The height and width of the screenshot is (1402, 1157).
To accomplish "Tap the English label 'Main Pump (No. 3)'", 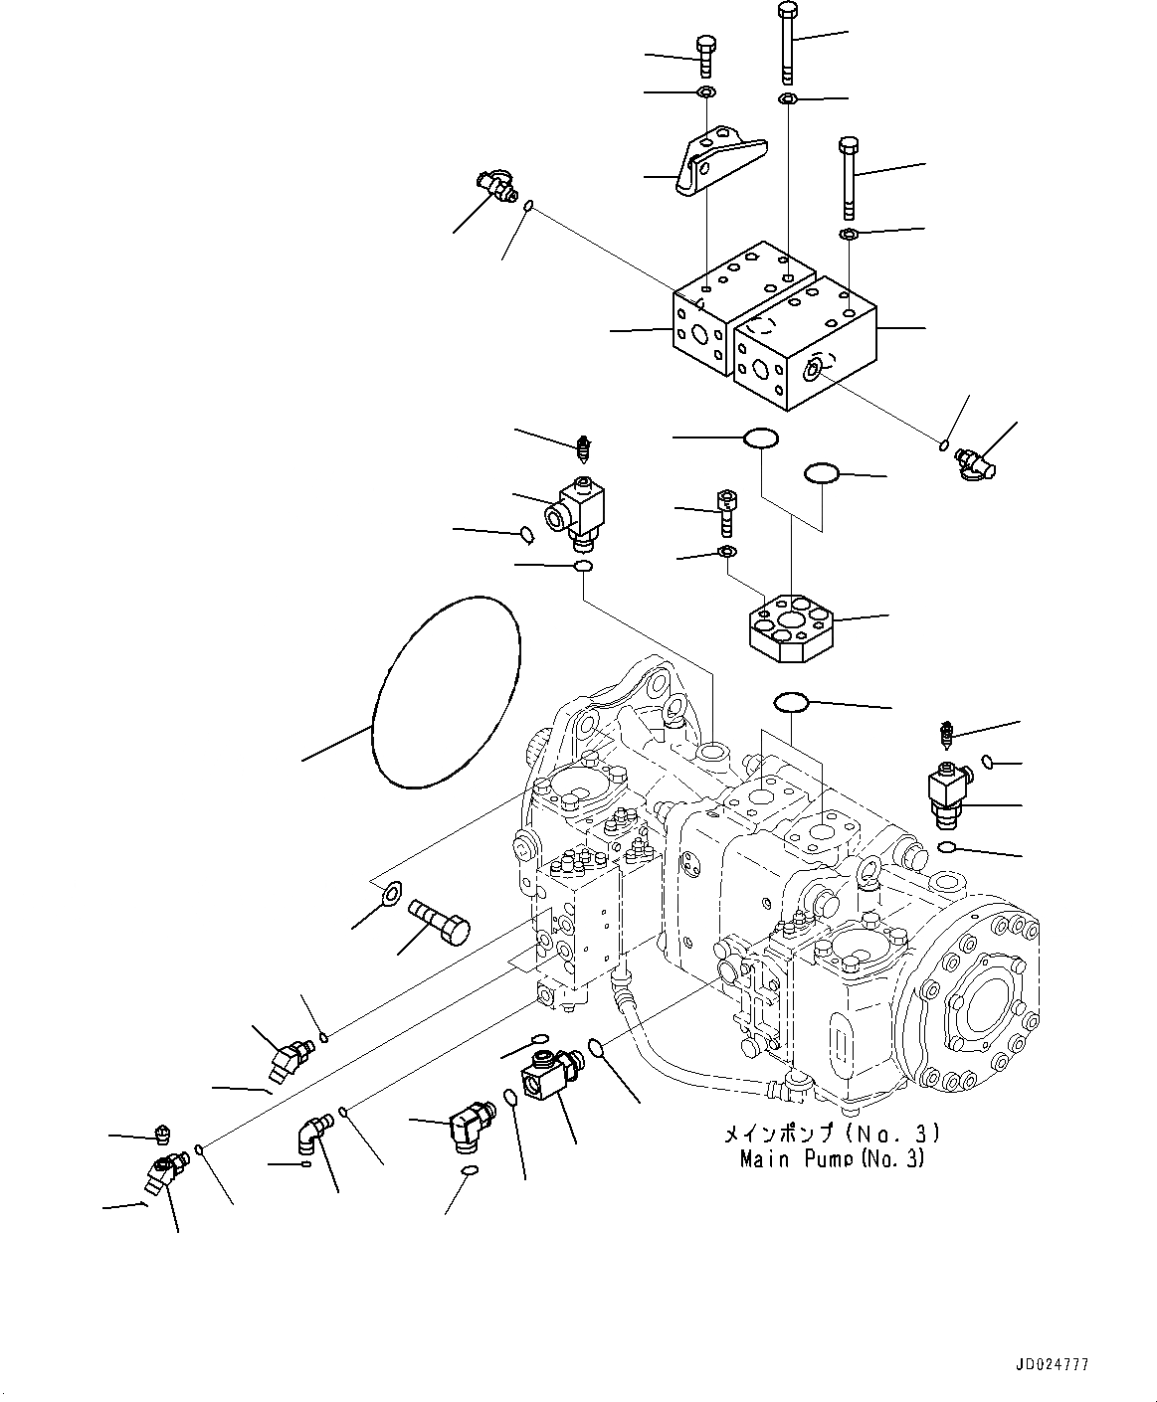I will pyautogui.click(x=832, y=1158).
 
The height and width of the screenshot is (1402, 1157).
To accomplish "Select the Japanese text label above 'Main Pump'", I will pyautogui.click(x=831, y=1135).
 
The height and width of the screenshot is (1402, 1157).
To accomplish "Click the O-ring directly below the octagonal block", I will pyautogui.click(x=792, y=702).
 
